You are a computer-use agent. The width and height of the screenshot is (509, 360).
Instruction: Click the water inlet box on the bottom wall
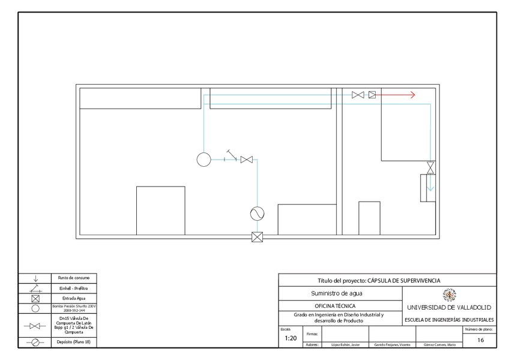(258, 236)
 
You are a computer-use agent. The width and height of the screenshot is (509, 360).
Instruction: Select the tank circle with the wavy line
(258, 214)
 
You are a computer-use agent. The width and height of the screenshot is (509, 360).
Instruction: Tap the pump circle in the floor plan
(203, 159)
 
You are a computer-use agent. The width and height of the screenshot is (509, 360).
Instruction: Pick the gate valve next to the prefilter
(246, 160)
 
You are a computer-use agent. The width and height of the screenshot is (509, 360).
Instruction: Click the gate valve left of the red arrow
(358, 95)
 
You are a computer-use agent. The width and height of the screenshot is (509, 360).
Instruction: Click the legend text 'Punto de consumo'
(73, 278)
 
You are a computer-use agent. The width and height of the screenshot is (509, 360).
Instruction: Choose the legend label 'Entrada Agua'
(73, 298)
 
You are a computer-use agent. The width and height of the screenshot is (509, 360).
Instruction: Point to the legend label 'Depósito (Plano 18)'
(73, 342)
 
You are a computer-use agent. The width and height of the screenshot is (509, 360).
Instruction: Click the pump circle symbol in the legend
(35, 308)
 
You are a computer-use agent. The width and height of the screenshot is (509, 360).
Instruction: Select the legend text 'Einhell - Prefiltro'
(73, 288)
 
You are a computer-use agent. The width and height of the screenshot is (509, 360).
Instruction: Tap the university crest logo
(449, 295)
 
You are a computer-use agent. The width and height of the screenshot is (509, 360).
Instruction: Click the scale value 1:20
(290, 338)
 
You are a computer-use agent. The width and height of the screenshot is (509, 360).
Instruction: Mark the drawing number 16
(480, 340)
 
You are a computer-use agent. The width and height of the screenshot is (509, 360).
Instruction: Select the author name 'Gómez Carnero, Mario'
(439, 345)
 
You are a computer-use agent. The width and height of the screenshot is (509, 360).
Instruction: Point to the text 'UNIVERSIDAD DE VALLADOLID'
(449, 307)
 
